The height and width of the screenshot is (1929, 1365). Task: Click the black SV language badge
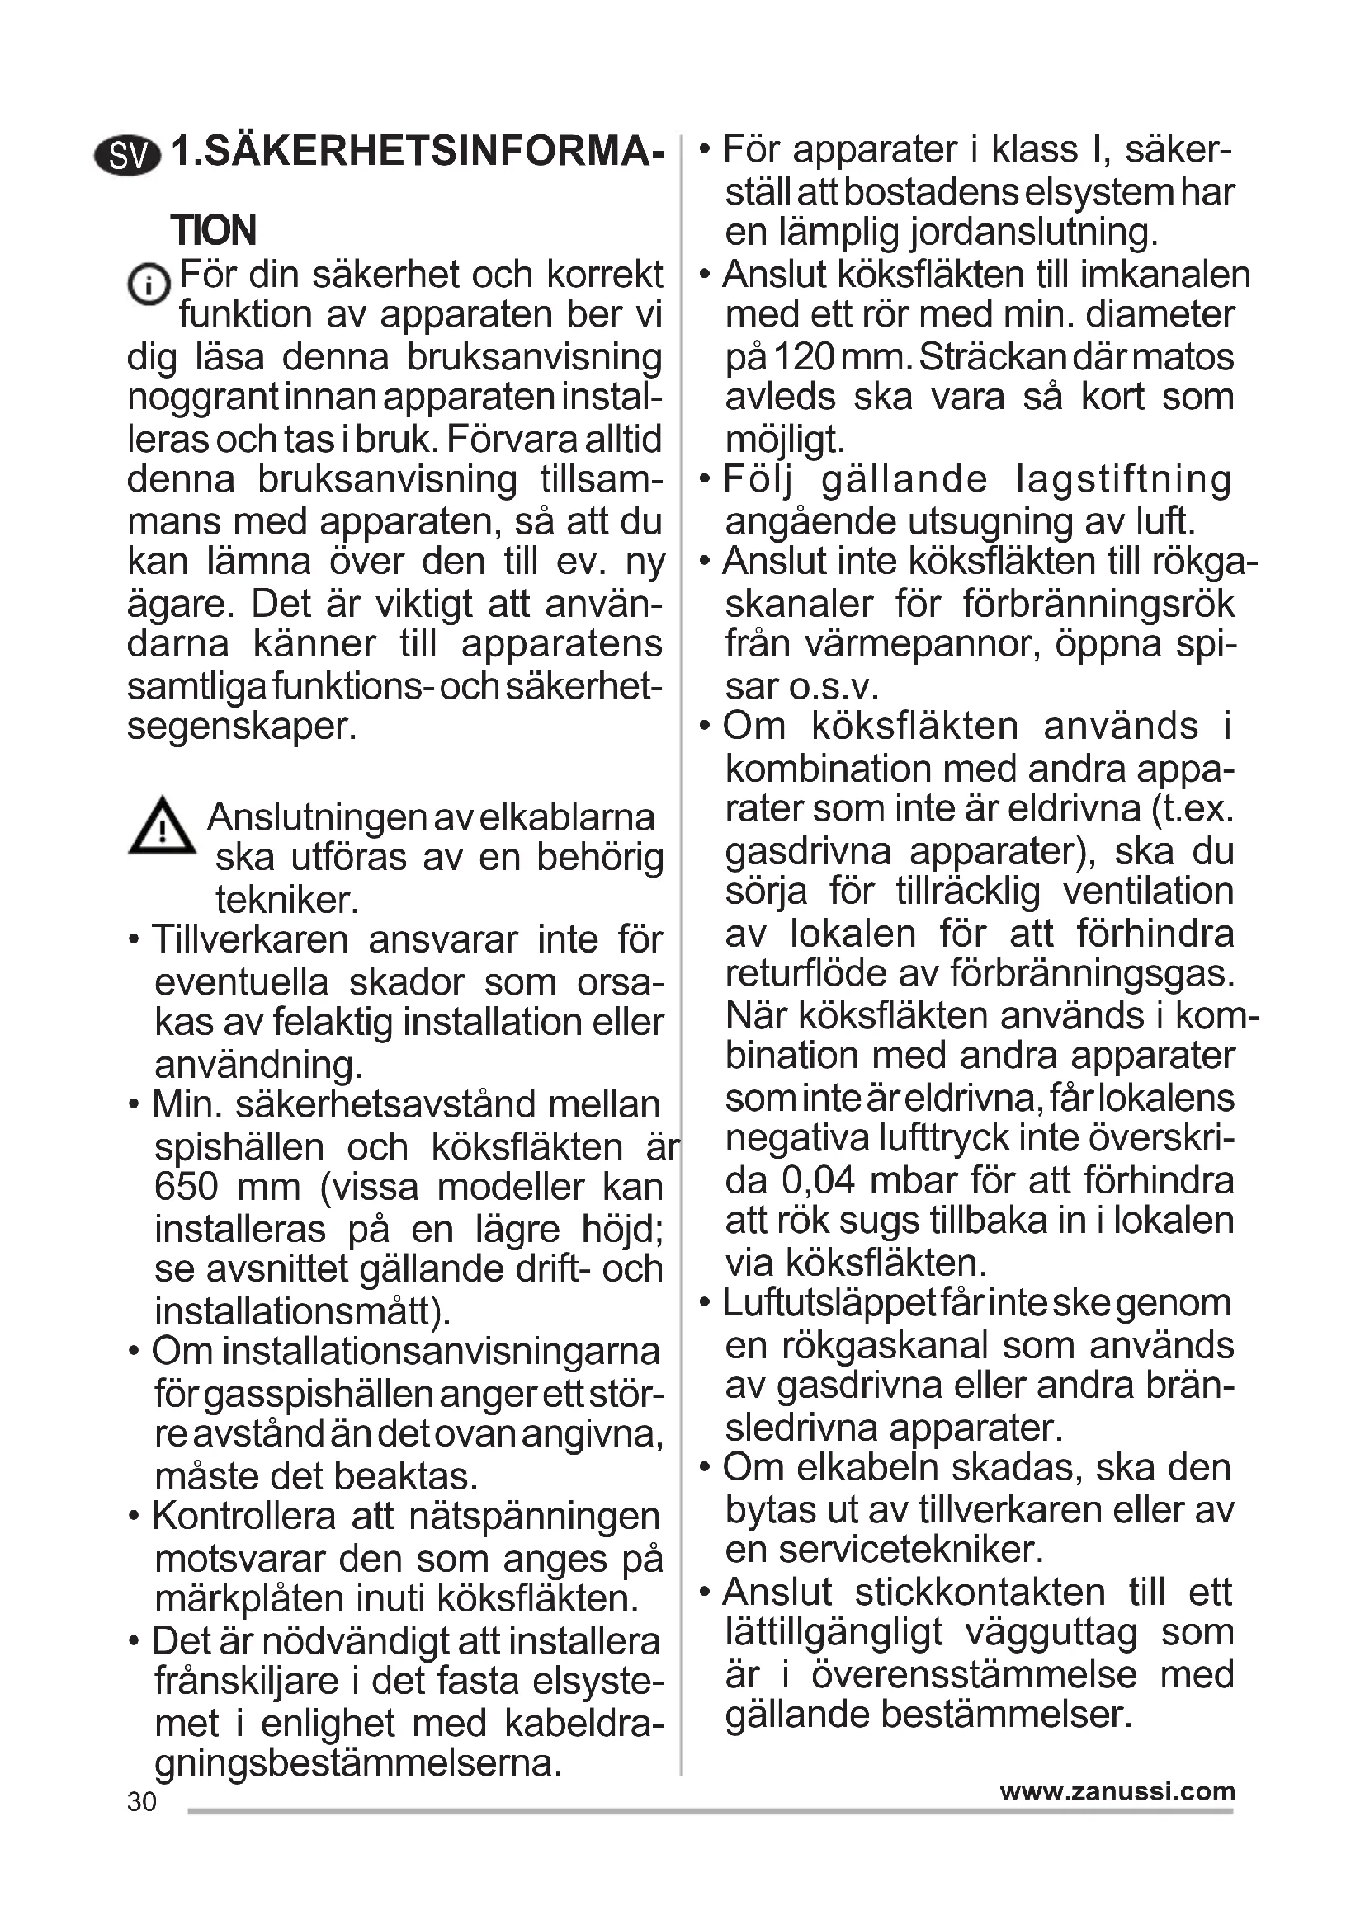pos(127,155)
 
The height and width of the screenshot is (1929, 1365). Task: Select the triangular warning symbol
pos(163,826)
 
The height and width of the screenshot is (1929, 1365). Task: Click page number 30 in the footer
pos(142,1801)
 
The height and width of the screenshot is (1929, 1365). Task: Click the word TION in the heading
pos(214,230)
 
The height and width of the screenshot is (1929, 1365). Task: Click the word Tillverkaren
pos(249,940)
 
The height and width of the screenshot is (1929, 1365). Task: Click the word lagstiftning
pos(1124,480)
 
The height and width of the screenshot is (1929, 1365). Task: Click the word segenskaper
pos(242,726)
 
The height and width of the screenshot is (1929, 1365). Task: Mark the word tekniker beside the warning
pos(287,899)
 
